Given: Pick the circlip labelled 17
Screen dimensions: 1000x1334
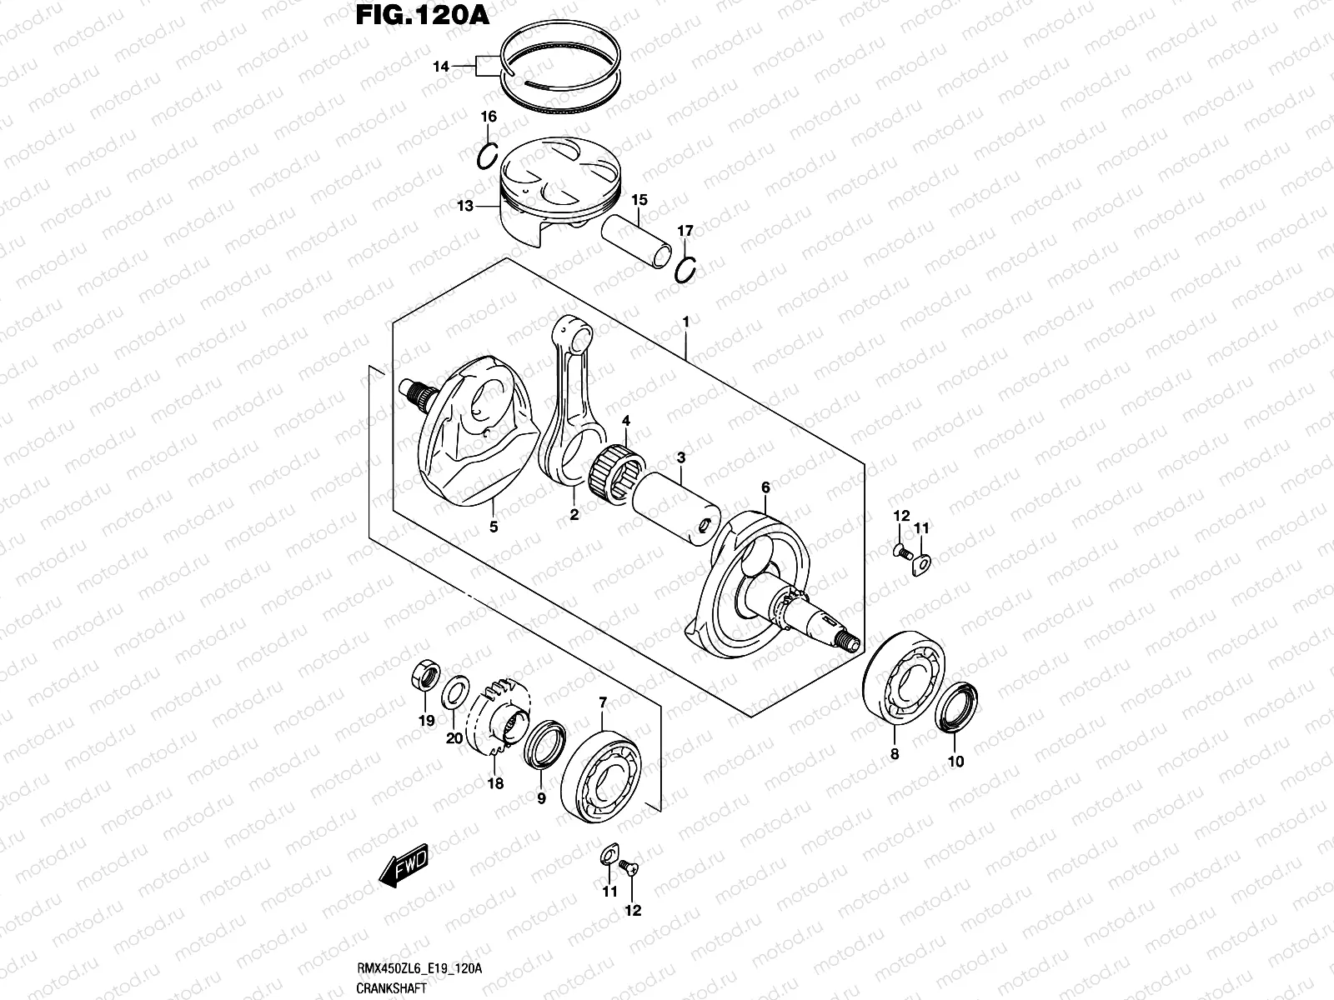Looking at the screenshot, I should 685,270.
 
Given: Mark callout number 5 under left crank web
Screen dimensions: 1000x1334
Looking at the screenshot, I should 493,527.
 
